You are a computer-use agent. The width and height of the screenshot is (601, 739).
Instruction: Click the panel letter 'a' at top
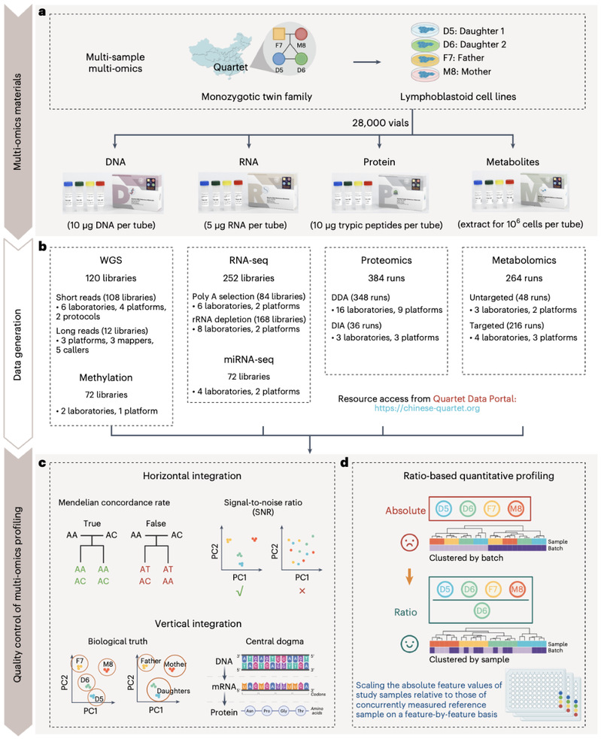click(x=59, y=9)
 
